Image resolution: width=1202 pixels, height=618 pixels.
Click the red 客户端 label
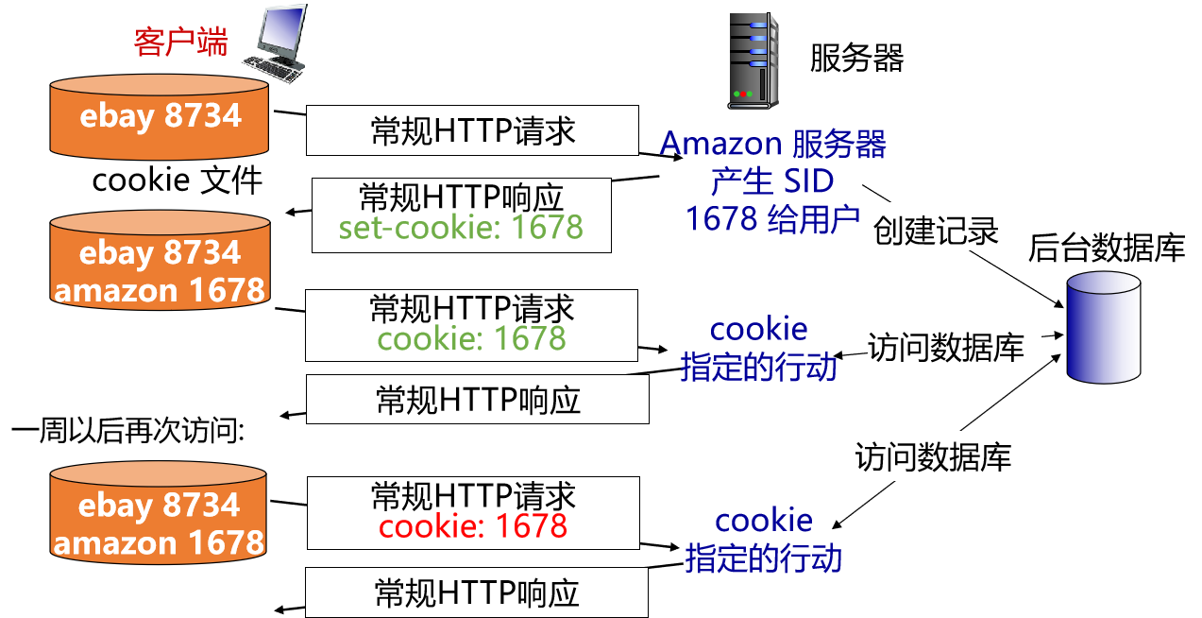pyautogui.click(x=180, y=42)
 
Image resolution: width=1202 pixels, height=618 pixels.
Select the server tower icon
pyautogui.click(x=753, y=60)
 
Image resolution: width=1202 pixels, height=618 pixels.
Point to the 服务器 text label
pyautogui.click(x=856, y=59)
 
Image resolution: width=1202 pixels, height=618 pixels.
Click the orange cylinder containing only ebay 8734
pyautogui.click(x=161, y=118)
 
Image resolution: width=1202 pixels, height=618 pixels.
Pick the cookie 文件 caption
pyautogui.click(x=177, y=180)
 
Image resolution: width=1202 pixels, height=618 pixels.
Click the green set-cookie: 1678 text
pyautogui.click(x=461, y=228)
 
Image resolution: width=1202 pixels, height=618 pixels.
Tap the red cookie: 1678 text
pyautogui.click(x=473, y=525)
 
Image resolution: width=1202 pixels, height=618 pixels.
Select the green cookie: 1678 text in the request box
pyautogui.click(x=472, y=338)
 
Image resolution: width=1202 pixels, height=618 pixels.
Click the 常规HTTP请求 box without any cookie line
pyautogui.click(x=472, y=131)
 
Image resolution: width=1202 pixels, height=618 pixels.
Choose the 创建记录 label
pyautogui.click(x=936, y=231)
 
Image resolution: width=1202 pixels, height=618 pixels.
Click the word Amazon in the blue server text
pyautogui.click(x=720, y=144)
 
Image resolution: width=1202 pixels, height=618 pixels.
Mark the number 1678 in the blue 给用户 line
pyautogui.click(x=722, y=218)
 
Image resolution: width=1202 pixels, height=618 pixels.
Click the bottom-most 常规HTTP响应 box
pyautogui.click(x=477, y=592)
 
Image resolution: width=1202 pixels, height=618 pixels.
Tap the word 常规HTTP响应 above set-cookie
pyautogui.click(x=461, y=197)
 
